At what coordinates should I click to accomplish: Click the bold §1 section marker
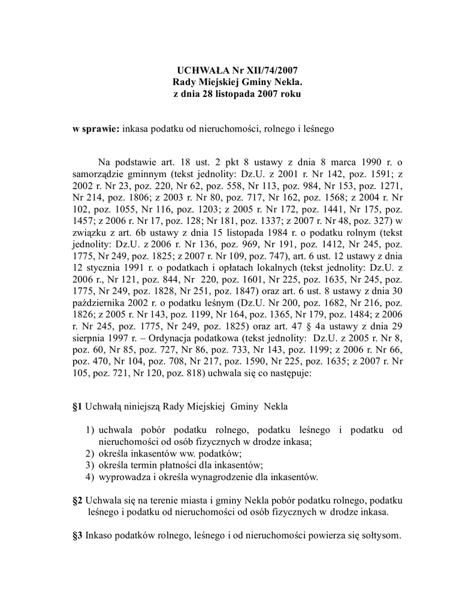[77, 407]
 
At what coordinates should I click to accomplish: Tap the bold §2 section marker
[77, 500]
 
